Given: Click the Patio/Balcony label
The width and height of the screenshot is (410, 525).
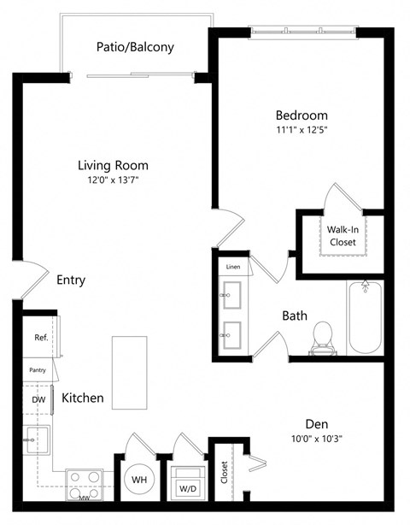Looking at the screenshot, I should coord(137,47).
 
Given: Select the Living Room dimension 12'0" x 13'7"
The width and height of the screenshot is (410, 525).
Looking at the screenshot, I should coord(113,181).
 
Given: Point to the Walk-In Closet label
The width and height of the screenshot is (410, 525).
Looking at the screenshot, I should coord(343,235).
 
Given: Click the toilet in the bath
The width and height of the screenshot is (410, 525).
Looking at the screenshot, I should coord(323,334).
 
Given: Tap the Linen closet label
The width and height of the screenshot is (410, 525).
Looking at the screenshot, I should coord(233,267).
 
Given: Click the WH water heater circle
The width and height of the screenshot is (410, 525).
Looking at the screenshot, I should coord(139,480).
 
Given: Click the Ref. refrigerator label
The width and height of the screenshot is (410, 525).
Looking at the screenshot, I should coord(40,338).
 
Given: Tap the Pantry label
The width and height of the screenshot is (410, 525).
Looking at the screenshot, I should coord(38,370).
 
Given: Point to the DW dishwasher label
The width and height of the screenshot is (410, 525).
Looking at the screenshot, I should coord(38,399).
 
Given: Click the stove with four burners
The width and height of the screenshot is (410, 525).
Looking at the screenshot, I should coord(85,484).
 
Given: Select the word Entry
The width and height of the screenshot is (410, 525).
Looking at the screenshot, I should coord(71,280).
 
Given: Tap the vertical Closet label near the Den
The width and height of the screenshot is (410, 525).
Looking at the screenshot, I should coord(224,473).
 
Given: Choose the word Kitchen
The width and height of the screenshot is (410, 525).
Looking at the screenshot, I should coord(83,398).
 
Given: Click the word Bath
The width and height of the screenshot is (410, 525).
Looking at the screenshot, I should coord(295,316).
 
